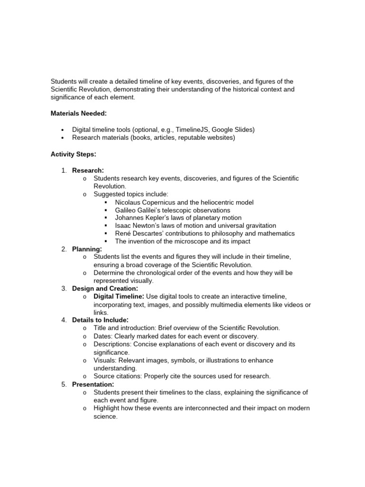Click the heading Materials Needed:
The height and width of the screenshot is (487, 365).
79,113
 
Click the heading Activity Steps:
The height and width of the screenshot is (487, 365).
74,154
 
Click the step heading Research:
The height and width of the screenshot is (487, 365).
88,170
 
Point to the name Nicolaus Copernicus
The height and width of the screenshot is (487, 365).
143,202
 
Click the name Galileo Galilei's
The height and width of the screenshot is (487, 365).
136,210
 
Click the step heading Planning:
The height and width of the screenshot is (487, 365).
87,249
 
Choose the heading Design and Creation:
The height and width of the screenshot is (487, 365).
105,288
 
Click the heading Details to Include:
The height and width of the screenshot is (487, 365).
100,320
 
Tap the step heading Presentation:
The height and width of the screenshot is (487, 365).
93,384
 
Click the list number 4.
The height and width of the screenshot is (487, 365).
64,320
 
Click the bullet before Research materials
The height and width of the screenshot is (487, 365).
63,138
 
